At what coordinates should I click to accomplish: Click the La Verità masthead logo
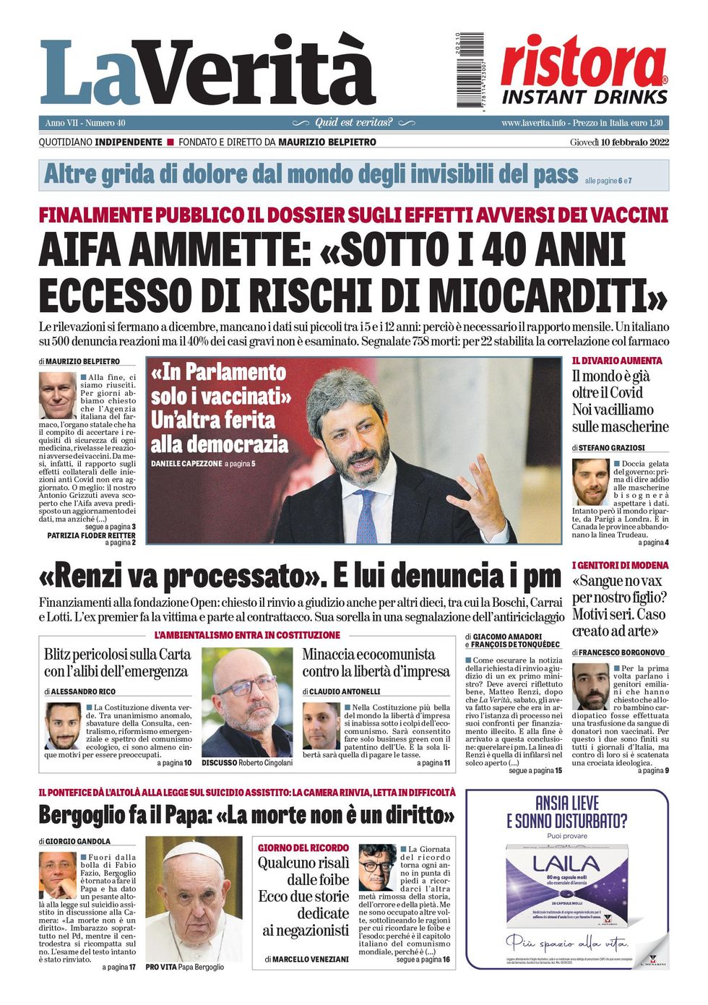[207, 72]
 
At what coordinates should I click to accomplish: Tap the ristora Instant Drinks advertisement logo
[584, 71]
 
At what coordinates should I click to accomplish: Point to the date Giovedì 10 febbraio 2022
[619, 142]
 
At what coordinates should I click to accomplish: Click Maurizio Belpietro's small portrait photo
[57, 395]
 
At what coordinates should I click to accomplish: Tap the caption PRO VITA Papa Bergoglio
[184, 967]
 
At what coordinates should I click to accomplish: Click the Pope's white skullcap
[193, 849]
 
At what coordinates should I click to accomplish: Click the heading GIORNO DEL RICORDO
[303, 847]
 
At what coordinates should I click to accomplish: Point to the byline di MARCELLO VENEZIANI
[306, 959]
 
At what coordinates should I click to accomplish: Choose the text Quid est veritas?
[354, 123]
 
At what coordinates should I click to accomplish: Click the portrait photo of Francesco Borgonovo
[591, 686]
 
